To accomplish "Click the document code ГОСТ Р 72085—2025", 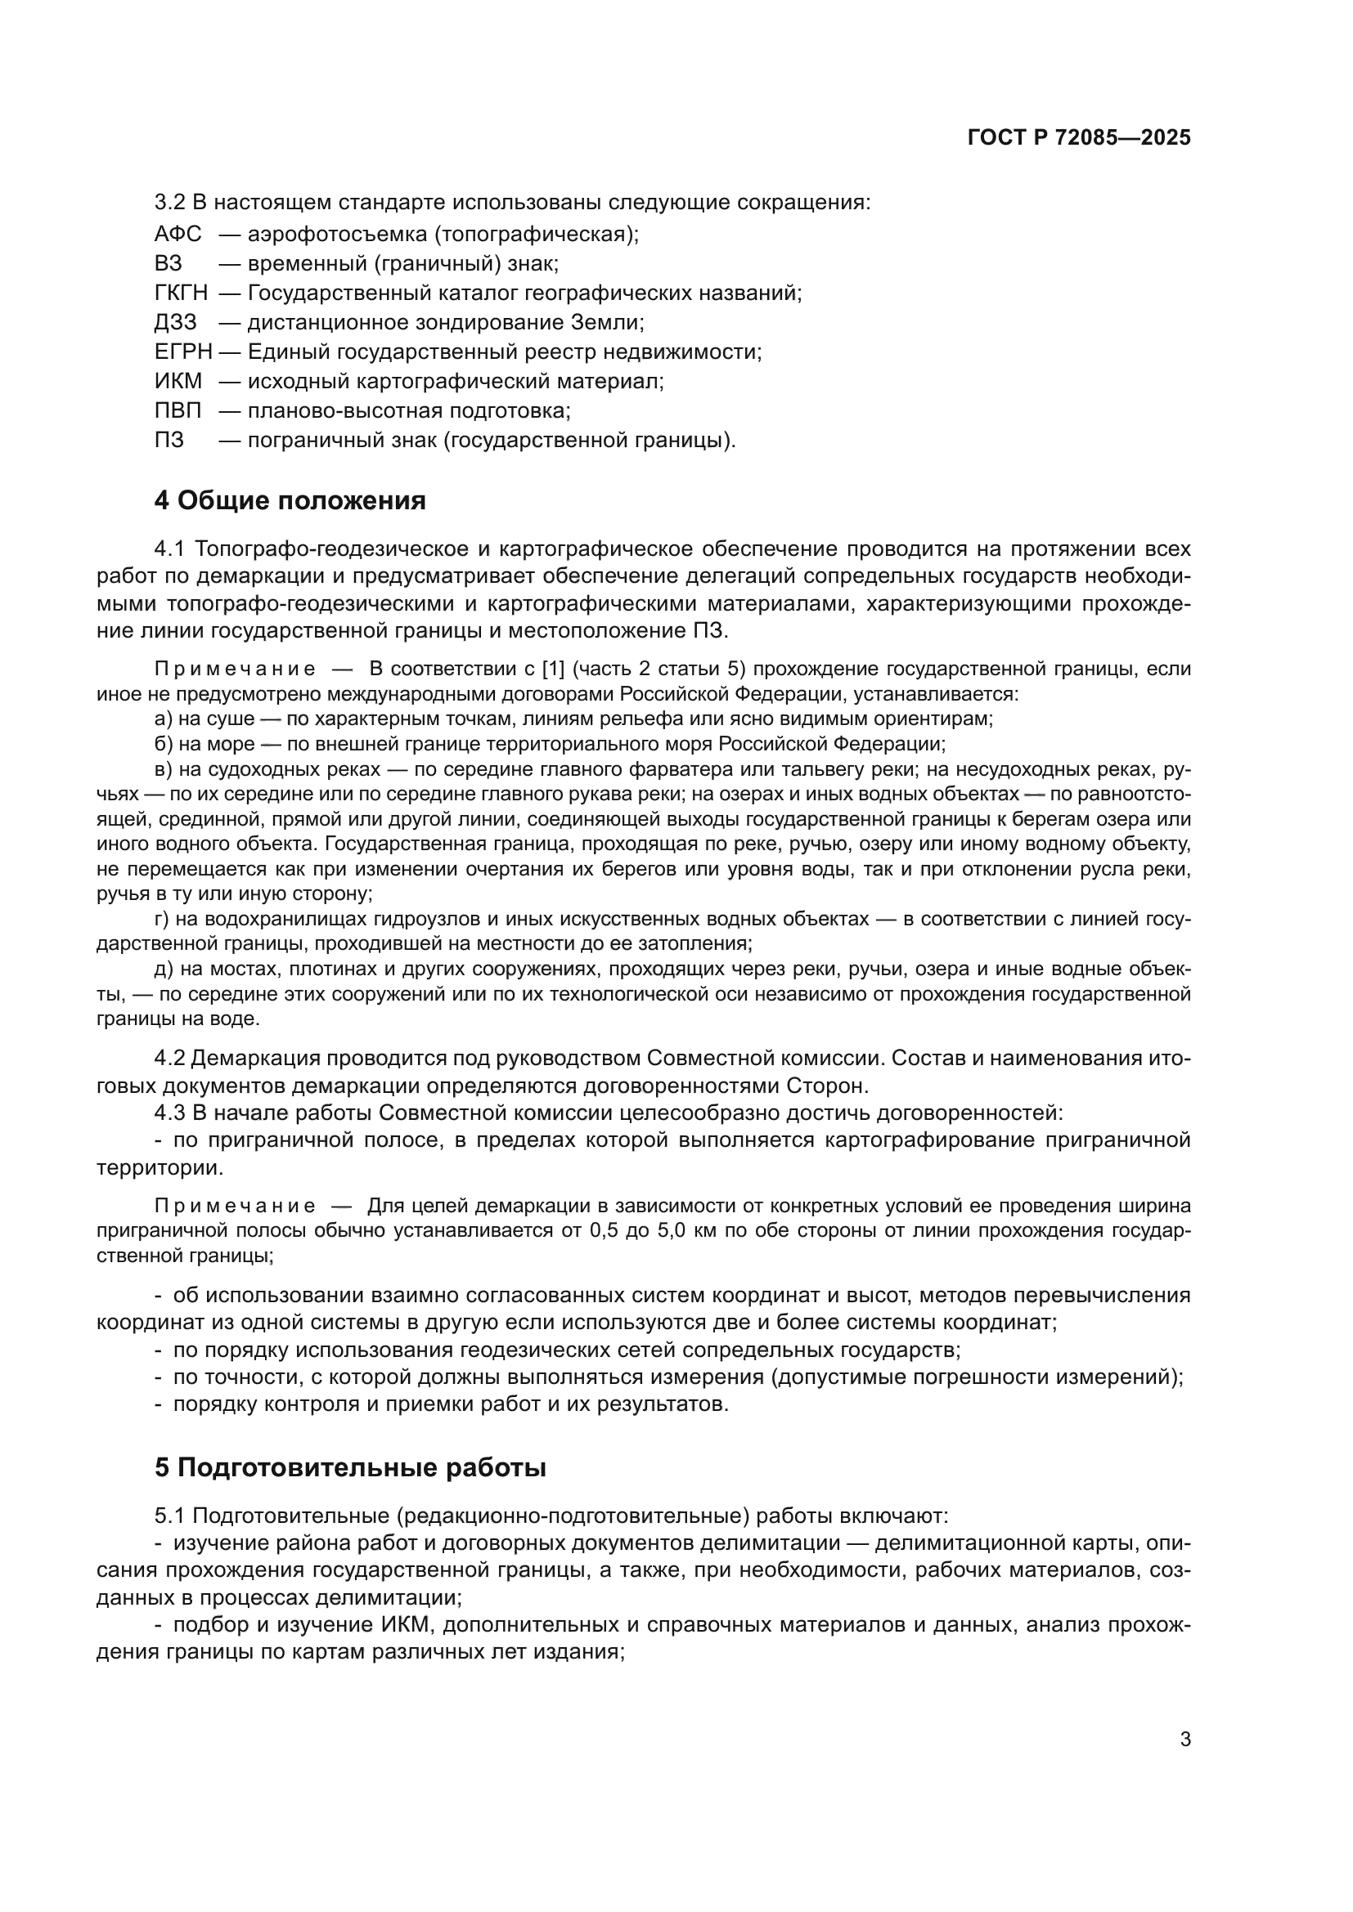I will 1079,138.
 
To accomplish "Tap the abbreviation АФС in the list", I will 178,234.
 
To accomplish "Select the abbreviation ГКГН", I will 181,293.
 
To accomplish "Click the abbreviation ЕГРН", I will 183,352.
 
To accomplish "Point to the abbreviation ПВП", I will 178,410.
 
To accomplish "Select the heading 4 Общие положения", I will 290,500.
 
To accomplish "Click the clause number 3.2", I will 170,203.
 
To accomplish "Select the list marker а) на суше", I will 164,719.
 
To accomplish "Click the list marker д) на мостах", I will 164,969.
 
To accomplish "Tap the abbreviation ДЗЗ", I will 176,322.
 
